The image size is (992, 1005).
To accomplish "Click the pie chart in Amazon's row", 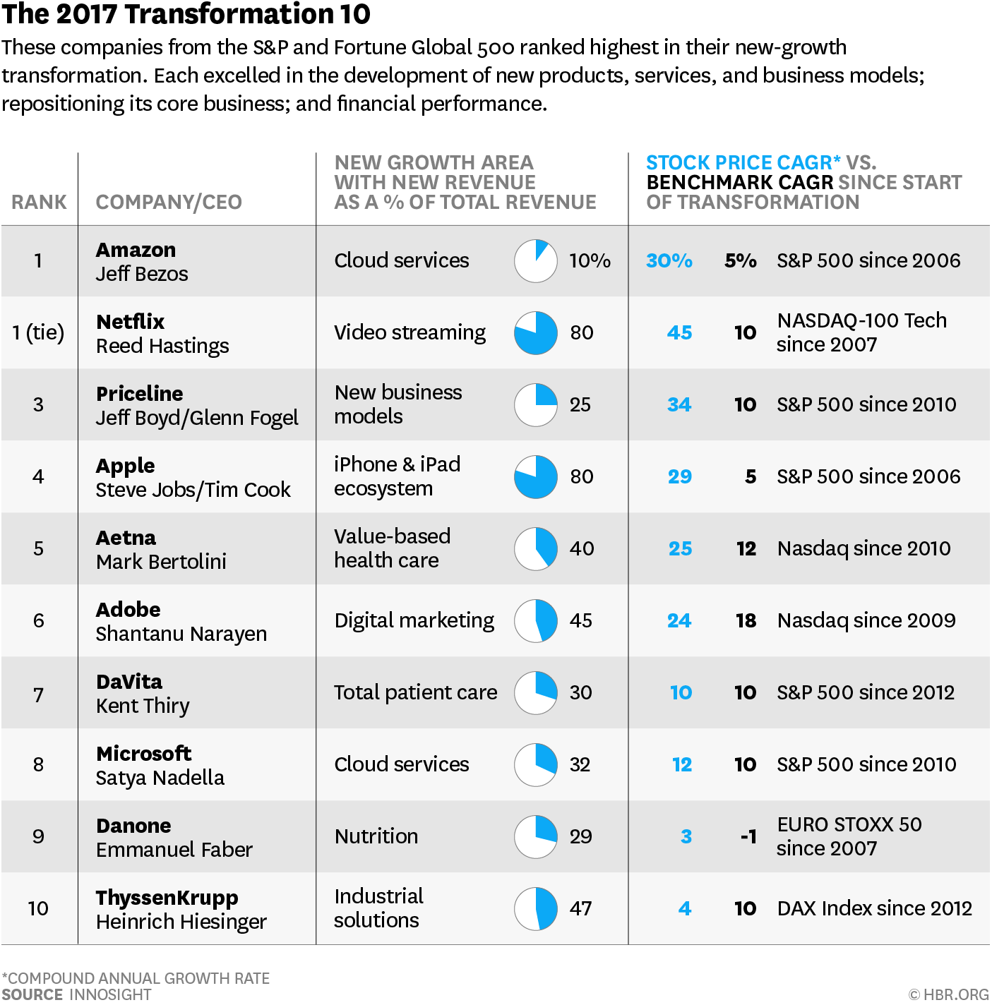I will coord(535,261).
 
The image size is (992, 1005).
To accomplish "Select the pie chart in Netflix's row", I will coord(535,333).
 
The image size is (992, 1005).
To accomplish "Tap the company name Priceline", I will coord(140,393).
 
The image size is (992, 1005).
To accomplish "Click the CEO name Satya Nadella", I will coord(160,778).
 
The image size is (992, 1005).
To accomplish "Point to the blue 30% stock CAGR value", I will coord(669,261).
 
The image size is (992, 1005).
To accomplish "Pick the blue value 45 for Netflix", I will coord(679,333).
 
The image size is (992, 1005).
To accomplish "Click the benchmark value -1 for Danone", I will coord(748,837).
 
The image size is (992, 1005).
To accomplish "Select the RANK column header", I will coord(39,203).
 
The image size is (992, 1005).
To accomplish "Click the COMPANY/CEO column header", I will coord(169,203).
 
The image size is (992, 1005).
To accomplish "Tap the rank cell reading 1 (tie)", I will coord(38,332).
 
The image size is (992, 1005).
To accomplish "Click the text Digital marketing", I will coord(414,620).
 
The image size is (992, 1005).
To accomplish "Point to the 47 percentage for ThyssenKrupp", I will coord(580,908).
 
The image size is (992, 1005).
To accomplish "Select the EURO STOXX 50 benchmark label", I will coord(849,824).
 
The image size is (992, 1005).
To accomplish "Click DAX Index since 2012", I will coord(874,908).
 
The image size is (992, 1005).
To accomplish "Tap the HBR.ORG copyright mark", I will coord(948,994).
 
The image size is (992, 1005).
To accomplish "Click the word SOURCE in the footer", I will coord(32,994).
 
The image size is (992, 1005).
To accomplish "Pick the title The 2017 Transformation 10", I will coord(186,14).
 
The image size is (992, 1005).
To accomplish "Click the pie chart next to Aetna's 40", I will coord(535,548).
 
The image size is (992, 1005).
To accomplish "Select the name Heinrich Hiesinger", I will coord(181,922).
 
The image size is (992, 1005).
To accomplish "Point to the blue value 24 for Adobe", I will coord(679,621).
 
